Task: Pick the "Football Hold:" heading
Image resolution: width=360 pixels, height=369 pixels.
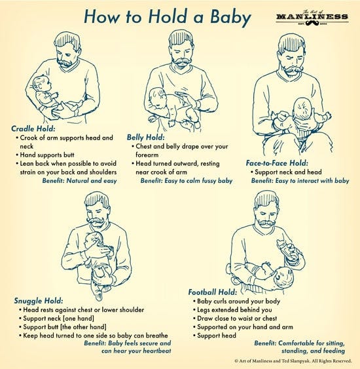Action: tap(212, 292)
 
